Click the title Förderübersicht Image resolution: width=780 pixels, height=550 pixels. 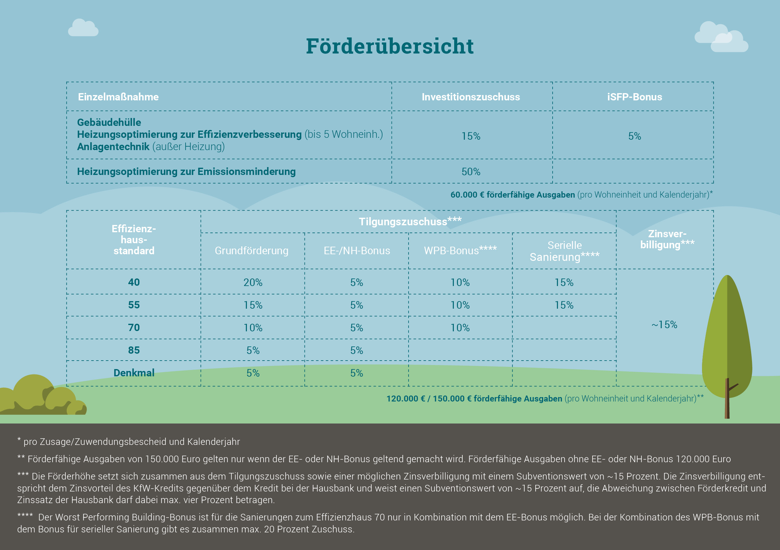(390, 46)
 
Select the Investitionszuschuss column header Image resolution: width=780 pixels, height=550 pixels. (471, 97)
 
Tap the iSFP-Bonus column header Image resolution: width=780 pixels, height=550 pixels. (634, 97)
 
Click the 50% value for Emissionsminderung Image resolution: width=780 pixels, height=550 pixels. (471, 172)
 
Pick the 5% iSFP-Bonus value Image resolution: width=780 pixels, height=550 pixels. (634, 136)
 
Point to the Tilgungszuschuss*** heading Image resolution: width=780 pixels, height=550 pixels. (410, 221)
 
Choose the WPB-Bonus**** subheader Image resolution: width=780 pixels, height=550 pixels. (460, 250)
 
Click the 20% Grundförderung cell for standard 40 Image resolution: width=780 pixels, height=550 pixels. (253, 282)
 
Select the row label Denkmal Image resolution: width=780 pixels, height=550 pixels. (134, 373)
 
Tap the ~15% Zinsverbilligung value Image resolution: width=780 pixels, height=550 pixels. (664, 325)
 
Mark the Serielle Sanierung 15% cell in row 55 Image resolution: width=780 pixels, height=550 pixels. (564, 305)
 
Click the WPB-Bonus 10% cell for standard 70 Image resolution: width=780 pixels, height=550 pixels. (460, 328)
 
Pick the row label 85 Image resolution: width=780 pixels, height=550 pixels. (134, 350)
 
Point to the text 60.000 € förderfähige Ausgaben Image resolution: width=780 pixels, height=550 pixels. (512, 195)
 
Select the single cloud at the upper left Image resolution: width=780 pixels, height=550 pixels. (83, 28)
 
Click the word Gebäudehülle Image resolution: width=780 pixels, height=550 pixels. (109, 122)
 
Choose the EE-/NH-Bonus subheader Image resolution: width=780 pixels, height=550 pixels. (357, 250)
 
